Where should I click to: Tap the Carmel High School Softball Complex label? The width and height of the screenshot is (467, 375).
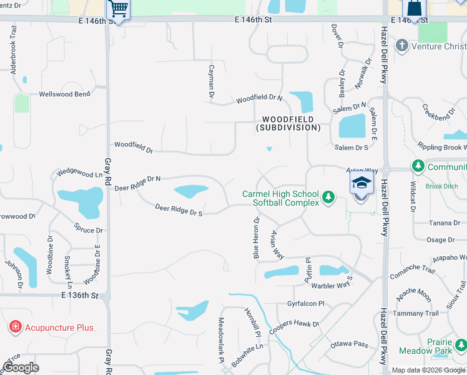281,198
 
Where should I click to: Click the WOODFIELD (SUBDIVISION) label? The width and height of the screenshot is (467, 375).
288,123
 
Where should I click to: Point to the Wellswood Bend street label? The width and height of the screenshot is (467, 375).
64,94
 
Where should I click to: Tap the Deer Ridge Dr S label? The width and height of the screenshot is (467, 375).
179,210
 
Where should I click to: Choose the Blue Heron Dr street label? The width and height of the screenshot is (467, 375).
256,238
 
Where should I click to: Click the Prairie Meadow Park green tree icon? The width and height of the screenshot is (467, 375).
461,344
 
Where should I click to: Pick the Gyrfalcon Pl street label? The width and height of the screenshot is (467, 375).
306,304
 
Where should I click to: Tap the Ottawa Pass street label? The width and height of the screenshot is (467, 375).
350,344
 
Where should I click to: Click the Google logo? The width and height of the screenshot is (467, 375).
21,367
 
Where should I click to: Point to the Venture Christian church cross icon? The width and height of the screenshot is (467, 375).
401,46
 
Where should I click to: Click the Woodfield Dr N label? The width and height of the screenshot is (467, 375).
259,99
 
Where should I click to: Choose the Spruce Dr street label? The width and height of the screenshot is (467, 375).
88,229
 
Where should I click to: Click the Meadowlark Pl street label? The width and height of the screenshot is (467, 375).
220,340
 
